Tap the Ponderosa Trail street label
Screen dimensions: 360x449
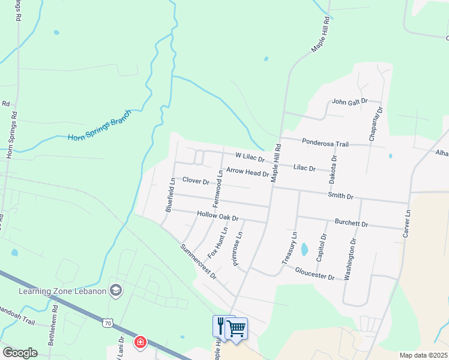[x=325, y=143]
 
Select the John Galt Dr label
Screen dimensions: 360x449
[x=349, y=102]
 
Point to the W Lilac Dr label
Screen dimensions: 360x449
[x=250, y=157]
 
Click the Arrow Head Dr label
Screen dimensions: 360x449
[x=247, y=173]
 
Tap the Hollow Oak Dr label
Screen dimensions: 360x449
[x=218, y=215]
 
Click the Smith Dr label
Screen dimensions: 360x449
[x=341, y=196]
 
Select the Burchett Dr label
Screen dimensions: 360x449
[x=351, y=223]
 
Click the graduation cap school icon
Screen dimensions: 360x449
[x=116, y=292]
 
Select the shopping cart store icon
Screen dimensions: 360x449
[x=236, y=328]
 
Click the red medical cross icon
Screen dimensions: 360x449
[x=140, y=342]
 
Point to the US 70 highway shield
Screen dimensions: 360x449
[x=107, y=323]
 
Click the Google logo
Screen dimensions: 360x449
[x=20, y=353]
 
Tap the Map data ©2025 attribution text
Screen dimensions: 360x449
[x=423, y=355]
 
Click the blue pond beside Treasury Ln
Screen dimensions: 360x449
[x=304, y=248]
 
